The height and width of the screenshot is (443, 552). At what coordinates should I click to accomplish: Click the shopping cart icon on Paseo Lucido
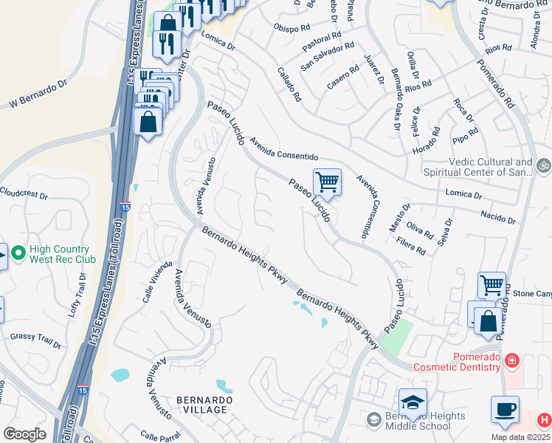point(327,182)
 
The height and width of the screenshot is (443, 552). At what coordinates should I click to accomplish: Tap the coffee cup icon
point(505,410)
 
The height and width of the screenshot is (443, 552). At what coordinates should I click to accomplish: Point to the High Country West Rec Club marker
point(17,255)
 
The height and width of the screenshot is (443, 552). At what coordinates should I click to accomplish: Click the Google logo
point(24,434)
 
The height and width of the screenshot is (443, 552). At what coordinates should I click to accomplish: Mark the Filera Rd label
point(411,245)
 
